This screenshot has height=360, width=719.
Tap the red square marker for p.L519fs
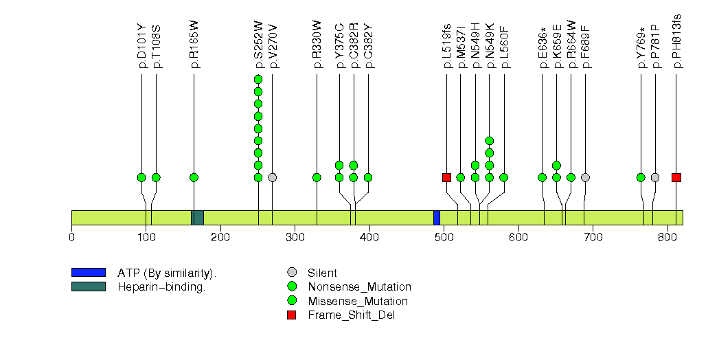[446, 177]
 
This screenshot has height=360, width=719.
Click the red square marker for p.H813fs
[676, 177]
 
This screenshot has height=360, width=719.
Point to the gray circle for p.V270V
[273, 177]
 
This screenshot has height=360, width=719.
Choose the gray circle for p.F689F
[585, 177]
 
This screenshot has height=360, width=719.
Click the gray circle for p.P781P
[655, 177]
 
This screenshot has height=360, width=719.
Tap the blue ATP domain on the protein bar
[437, 217]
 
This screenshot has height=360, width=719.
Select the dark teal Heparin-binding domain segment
[197, 217]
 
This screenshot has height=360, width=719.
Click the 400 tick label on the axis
[369, 238]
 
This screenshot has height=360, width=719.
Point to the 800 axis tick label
[667, 238]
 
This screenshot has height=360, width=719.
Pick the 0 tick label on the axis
[72, 238]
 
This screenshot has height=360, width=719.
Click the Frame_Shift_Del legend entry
[352, 315]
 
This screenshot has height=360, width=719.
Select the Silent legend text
[322, 273]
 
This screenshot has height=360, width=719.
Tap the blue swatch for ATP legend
[88, 273]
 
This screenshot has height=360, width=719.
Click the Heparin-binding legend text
[161, 287]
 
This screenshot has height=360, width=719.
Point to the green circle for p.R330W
[317, 177]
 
